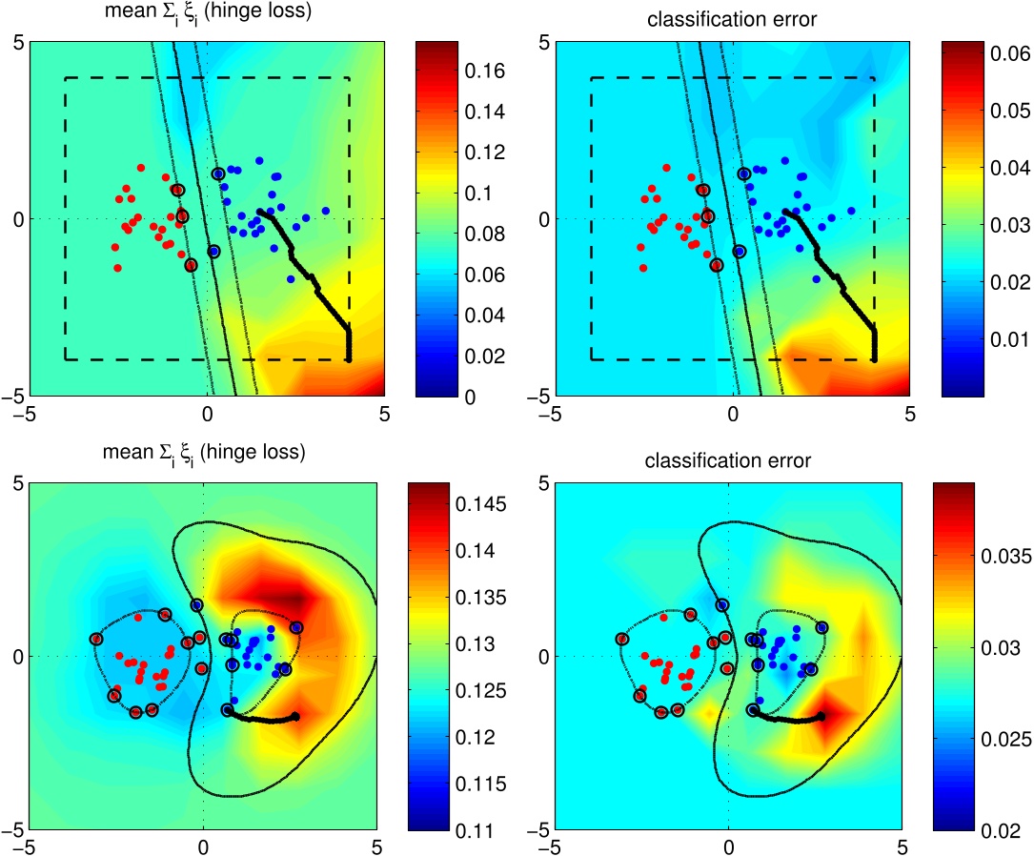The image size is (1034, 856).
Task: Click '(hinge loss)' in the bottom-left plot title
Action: click(x=256, y=452)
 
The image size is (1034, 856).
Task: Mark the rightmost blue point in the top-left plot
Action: click(x=325, y=211)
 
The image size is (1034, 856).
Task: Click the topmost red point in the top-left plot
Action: click(x=141, y=168)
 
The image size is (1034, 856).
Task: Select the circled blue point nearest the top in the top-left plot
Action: click(x=218, y=173)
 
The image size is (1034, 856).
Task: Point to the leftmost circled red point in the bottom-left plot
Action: click(x=95, y=639)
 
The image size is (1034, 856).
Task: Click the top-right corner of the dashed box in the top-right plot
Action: click(x=875, y=78)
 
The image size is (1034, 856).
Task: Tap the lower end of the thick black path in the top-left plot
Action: click(x=348, y=359)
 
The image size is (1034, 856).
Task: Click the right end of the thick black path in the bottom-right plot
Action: click(x=821, y=715)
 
